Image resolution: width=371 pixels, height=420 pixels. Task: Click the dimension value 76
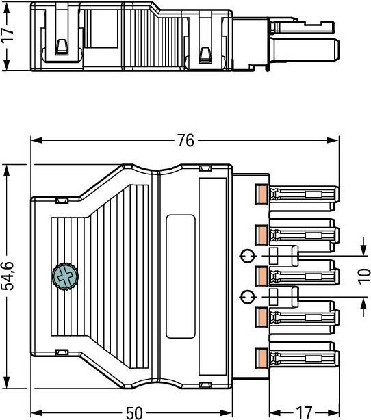(186, 140)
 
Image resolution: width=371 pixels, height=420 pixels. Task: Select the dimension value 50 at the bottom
(134, 412)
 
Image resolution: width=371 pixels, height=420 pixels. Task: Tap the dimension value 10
(364, 276)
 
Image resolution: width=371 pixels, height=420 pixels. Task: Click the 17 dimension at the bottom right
(304, 412)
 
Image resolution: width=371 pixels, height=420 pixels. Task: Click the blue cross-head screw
(64, 277)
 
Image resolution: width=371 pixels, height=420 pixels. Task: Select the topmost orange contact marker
(261, 194)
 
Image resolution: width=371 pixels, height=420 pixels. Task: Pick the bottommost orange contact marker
(261, 357)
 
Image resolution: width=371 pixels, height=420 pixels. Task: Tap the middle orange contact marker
(261, 276)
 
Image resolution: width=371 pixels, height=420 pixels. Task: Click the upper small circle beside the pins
(247, 256)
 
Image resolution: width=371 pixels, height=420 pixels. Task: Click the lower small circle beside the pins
(247, 297)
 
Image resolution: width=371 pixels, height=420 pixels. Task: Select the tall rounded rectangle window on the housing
(181, 276)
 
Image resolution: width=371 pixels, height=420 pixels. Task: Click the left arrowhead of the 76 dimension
(37, 140)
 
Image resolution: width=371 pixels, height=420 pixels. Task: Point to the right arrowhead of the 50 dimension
(226, 412)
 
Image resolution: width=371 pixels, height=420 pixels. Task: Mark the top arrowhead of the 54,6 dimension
(7, 170)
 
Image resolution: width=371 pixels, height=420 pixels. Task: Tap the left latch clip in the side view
(62, 47)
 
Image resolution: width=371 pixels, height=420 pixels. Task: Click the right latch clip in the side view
(205, 55)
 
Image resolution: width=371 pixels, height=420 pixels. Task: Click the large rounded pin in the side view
(304, 49)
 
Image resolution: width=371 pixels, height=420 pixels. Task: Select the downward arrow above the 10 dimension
(363, 246)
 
